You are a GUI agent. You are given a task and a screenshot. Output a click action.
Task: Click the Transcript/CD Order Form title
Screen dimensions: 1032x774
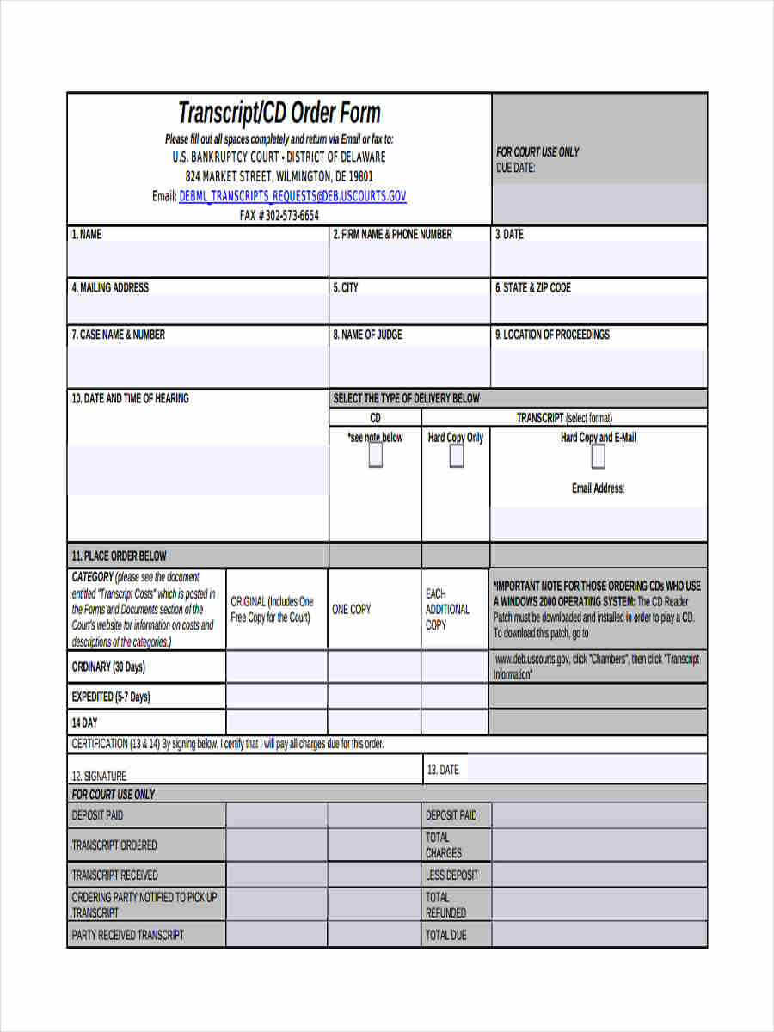click(x=279, y=113)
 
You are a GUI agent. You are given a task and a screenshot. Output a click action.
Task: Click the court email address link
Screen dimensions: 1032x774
click(x=292, y=196)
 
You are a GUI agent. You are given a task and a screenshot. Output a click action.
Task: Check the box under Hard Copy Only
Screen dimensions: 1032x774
click(x=457, y=457)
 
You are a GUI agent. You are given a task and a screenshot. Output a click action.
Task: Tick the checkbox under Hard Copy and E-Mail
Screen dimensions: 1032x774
click(x=599, y=457)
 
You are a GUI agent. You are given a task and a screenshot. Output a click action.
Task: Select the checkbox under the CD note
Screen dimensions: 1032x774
click(x=375, y=457)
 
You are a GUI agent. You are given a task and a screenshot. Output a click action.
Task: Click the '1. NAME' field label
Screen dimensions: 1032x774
click(x=86, y=234)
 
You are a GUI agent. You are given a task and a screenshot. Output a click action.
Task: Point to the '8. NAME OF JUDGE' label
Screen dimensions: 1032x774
click(x=367, y=335)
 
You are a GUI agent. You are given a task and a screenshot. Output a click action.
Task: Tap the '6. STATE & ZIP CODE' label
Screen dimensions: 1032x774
click(x=532, y=287)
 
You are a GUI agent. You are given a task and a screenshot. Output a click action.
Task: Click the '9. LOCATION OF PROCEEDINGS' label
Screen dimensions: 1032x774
click(x=552, y=335)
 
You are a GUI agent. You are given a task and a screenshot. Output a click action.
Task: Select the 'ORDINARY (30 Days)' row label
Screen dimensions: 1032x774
click(x=108, y=666)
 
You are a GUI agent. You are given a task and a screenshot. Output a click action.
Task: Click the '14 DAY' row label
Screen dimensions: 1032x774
click(x=84, y=722)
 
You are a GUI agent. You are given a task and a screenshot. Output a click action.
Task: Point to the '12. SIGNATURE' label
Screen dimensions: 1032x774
click(x=99, y=776)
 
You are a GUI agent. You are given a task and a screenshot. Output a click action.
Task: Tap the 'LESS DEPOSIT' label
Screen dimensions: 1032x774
click(x=451, y=875)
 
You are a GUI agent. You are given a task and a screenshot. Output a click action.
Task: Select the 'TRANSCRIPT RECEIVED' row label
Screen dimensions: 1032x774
click(x=114, y=875)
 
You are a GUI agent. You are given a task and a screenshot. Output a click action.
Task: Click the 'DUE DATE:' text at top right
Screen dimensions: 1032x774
click(x=515, y=168)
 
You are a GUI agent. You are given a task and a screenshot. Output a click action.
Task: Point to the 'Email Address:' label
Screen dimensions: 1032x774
click(x=599, y=488)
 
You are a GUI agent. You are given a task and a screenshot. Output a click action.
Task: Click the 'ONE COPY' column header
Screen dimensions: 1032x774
click(x=352, y=609)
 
